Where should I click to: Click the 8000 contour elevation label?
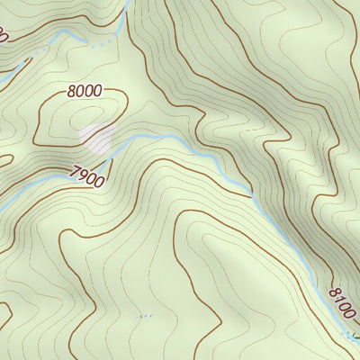click(x=84, y=91)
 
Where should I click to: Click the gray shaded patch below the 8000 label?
click(x=98, y=139)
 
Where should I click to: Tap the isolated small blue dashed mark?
click(x=143, y=317)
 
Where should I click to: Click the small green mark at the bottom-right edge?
click(x=355, y=337)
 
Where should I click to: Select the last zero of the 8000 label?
click(x=97, y=92)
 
